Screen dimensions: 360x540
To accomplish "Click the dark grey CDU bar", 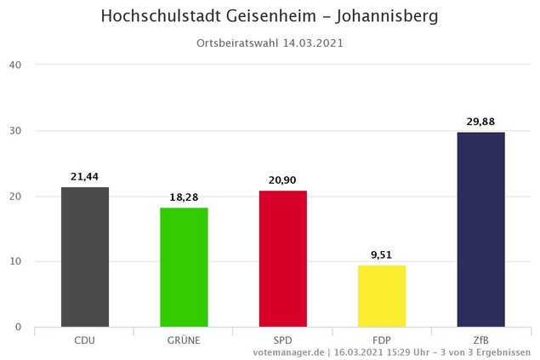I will click(x=85, y=256).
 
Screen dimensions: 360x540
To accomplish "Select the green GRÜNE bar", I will click(x=184, y=266).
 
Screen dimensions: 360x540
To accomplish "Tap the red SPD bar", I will click(x=282, y=258).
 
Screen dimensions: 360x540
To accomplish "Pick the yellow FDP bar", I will click(x=382, y=295).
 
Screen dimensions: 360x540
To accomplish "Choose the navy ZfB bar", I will click(x=480, y=229).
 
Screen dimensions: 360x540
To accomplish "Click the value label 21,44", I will click(x=85, y=177).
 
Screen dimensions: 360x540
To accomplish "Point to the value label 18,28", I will click(x=184, y=197).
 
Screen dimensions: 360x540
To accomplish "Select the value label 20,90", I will click(x=282, y=180).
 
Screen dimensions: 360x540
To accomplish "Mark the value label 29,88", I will click(x=480, y=122).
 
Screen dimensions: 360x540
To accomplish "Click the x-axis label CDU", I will click(x=85, y=340).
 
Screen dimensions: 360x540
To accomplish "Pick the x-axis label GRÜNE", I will click(x=184, y=340).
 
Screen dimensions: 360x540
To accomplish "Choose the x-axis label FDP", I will click(x=382, y=340).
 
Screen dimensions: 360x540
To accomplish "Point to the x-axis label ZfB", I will click(x=480, y=340).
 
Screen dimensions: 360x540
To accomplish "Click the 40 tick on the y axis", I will click(x=15, y=65).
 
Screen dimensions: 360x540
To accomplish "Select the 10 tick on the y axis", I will click(x=15, y=261).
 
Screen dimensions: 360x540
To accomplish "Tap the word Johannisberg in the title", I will click(x=386, y=17).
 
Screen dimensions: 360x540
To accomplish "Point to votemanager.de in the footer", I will click(x=288, y=351).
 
